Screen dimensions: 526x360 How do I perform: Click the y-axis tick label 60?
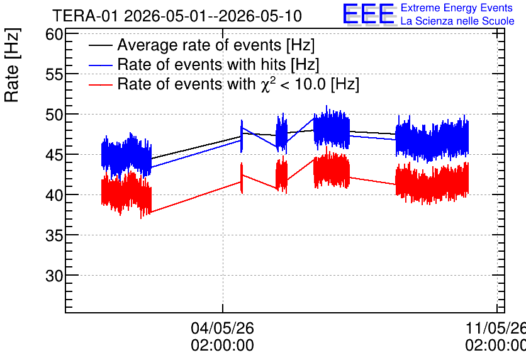pyautogui.click(x=54, y=34)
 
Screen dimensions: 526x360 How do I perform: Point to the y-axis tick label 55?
pyautogui.click(x=54, y=74)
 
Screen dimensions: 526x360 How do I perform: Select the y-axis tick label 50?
pyautogui.click(x=54, y=115)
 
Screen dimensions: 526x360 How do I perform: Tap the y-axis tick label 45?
pyautogui.click(x=54, y=155)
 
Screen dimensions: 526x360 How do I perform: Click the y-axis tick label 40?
pyautogui.click(x=54, y=195)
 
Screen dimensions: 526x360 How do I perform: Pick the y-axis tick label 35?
pyautogui.click(x=54, y=235)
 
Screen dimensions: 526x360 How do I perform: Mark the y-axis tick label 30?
pyautogui.click(x=54, y=276)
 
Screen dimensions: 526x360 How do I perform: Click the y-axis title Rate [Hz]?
pyautogui.click(x=12, y=65)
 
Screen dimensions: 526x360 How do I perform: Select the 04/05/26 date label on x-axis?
pyautogui.click(x=222, y=328)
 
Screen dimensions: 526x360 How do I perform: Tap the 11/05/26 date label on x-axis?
pyautogui.click(x=495, y=328)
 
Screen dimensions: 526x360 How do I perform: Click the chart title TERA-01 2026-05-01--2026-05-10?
pyautogui.click(x=177, y=16)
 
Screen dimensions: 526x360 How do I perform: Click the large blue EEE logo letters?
pyautogui.click(x=369, y=14)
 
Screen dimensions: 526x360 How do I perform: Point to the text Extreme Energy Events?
pyautogui.click(x=457, y=8)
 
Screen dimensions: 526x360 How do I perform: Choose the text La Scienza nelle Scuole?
pyautogui.click(x=457, y=21)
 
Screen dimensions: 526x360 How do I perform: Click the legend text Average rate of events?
pyautogui.click(x=199, y=45)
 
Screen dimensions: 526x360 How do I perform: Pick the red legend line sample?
pyautogui.click(x=100, y=85)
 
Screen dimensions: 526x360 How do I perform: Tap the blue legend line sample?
pyautogui.click(x=100, y=65)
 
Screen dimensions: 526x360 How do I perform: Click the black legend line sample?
pyautogui.click(x=100, y=46)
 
